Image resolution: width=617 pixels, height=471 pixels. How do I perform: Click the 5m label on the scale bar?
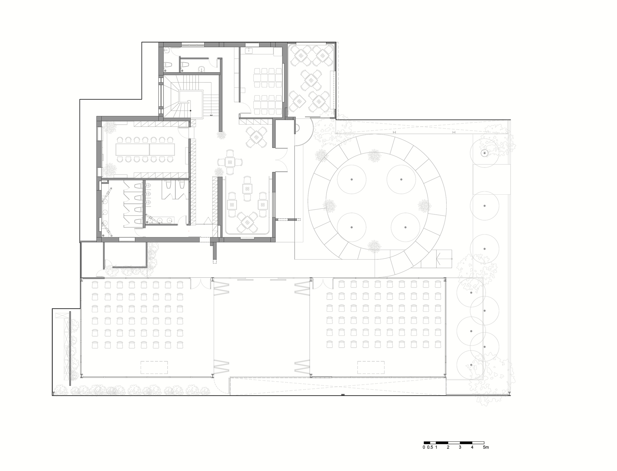coord(486,447)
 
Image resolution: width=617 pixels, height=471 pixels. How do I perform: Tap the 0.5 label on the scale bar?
coord(430,447)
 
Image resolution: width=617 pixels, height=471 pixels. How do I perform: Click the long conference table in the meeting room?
coord(145,149)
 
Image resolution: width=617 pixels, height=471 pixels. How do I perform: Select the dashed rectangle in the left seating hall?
coord(154,367)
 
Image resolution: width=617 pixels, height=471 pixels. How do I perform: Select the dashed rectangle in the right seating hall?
coord(371,367)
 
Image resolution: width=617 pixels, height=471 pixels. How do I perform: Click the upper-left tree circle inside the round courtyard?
coord(351,179)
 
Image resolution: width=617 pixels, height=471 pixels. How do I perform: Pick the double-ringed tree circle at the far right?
coord(484,153)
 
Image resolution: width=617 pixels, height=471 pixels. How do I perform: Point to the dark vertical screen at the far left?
coord(70,349)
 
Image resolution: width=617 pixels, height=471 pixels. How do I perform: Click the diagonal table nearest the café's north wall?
coord(256,137)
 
